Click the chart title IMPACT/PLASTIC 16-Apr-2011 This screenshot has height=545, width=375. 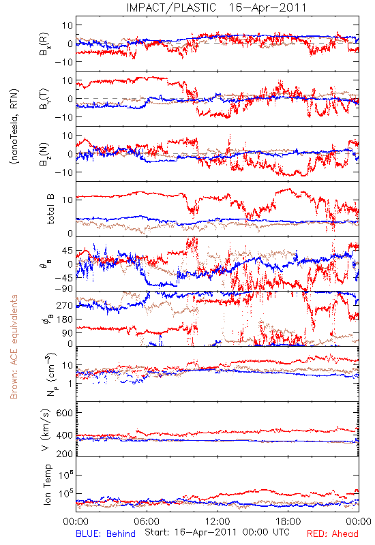216,7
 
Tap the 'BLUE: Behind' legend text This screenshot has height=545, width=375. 106,533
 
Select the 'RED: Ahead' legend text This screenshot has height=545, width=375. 332,533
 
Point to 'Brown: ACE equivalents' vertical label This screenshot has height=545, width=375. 14,347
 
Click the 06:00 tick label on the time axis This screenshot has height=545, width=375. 147,521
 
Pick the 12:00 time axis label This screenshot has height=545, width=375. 217,521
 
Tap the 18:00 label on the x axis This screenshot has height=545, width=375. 288,521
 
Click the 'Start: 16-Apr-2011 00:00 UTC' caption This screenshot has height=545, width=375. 217,532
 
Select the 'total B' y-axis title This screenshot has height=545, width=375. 50,209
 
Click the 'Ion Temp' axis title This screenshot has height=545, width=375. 47,484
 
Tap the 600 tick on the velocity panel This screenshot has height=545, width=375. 65,413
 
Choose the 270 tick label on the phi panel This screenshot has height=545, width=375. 65,305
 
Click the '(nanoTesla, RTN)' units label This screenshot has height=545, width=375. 14,127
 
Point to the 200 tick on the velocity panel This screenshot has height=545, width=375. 65,454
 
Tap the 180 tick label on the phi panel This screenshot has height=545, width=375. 65,319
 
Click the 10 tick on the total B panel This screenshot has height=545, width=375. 68,200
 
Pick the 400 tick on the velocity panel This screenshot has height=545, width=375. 65,435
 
